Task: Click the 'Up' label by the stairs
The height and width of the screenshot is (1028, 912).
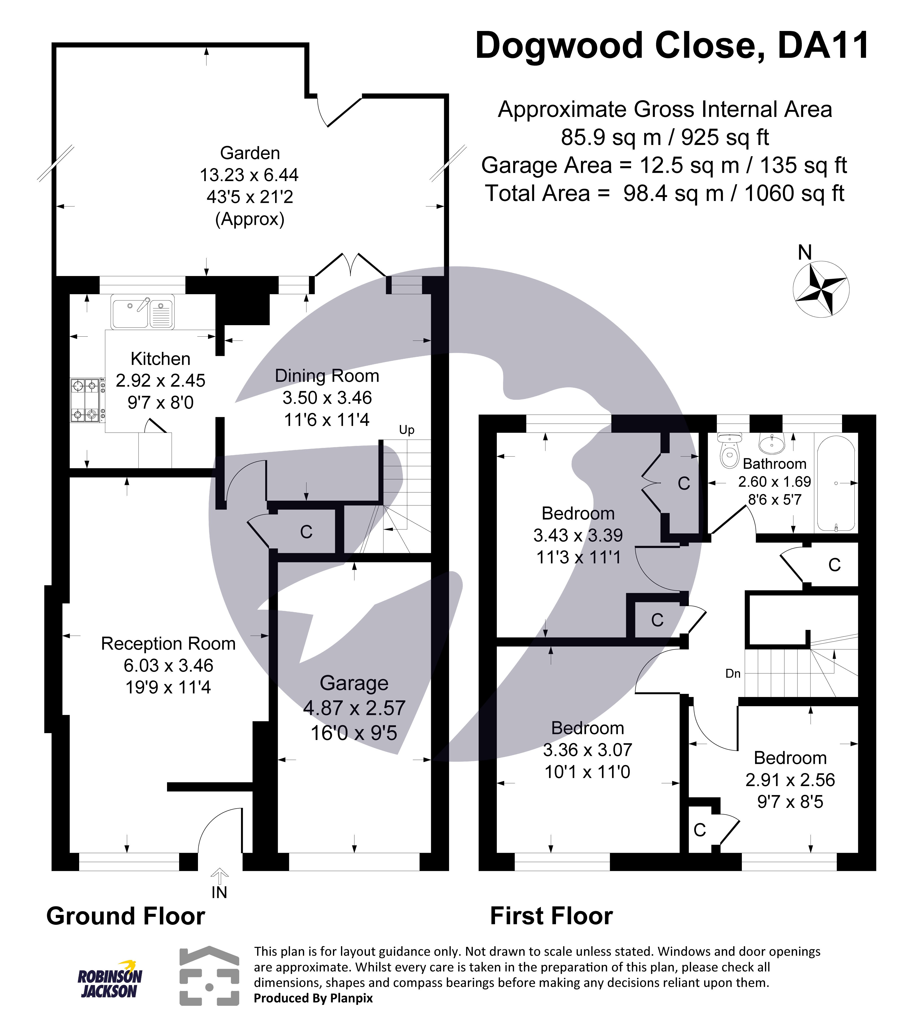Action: (x=406, y=430)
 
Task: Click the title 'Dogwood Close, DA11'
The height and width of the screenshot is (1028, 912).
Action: (x=672, y=46)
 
